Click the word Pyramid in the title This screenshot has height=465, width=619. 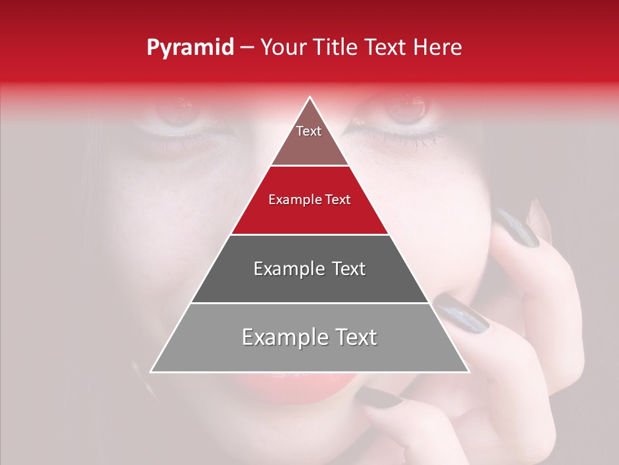coord(190,48)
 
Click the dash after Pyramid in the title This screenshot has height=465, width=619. coord(246,48)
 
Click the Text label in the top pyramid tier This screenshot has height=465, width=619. coord(309,131)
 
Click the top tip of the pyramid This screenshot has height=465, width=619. coord(309,98)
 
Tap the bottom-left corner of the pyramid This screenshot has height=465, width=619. coord(152,371)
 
